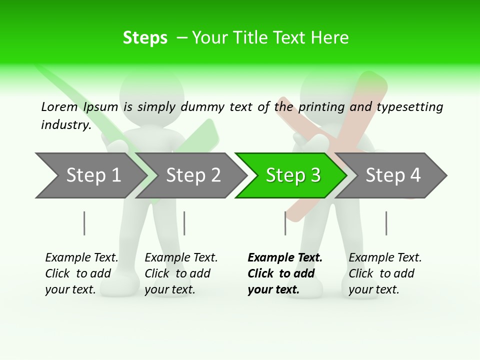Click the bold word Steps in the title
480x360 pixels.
[x=145, y=37]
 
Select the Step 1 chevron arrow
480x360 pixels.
[x=90, y=175]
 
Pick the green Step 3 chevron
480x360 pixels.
[x=292, y=175]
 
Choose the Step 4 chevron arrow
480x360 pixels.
[x=393, y=175]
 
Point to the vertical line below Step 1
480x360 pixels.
[x=84, y=223]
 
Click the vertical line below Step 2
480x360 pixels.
[x=184, y=223]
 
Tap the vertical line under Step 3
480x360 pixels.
[x=285, y=223]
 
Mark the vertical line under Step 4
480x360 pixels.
[x=386, y=223]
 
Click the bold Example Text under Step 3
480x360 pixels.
[x=285, y=258]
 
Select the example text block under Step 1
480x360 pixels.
[x=81, y=273]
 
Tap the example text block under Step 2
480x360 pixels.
[x=181, y=273]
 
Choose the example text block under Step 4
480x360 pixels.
[x=385, y=273]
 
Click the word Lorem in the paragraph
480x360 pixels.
[x=59, y=106]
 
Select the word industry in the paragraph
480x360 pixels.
[x=65, y=124]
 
